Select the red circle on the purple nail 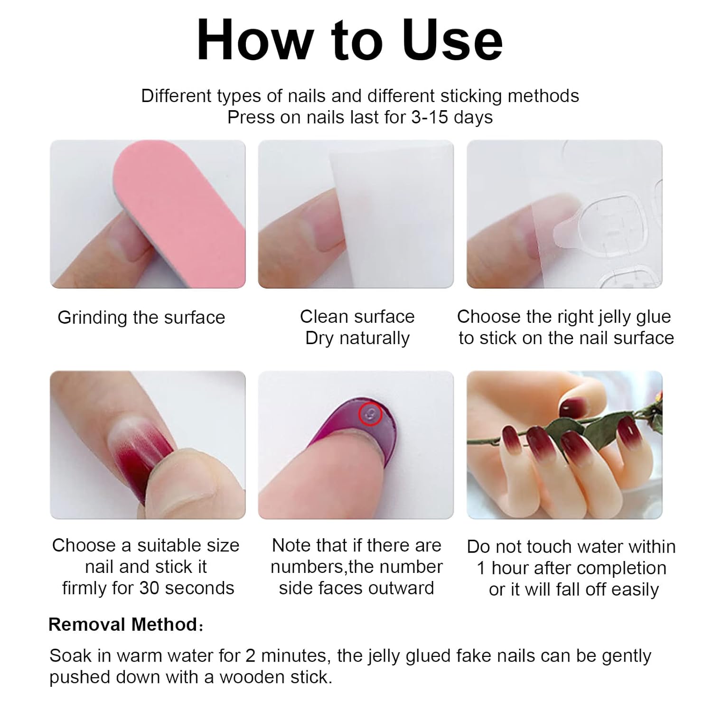click(371, 414)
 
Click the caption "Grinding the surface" click(141, 318)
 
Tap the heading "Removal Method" click(123, 625)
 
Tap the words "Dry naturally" click(357, 338)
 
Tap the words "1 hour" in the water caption click(506, 568)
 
